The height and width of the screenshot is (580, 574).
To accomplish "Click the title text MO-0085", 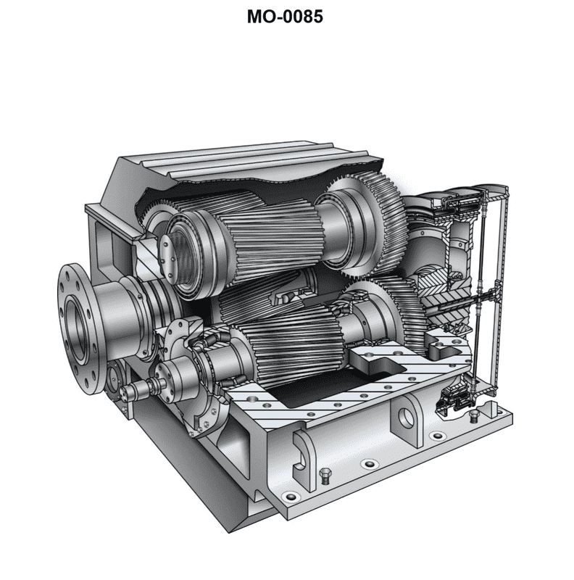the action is [x=285, y=17].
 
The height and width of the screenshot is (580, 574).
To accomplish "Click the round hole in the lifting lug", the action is [x=407, y=418].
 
